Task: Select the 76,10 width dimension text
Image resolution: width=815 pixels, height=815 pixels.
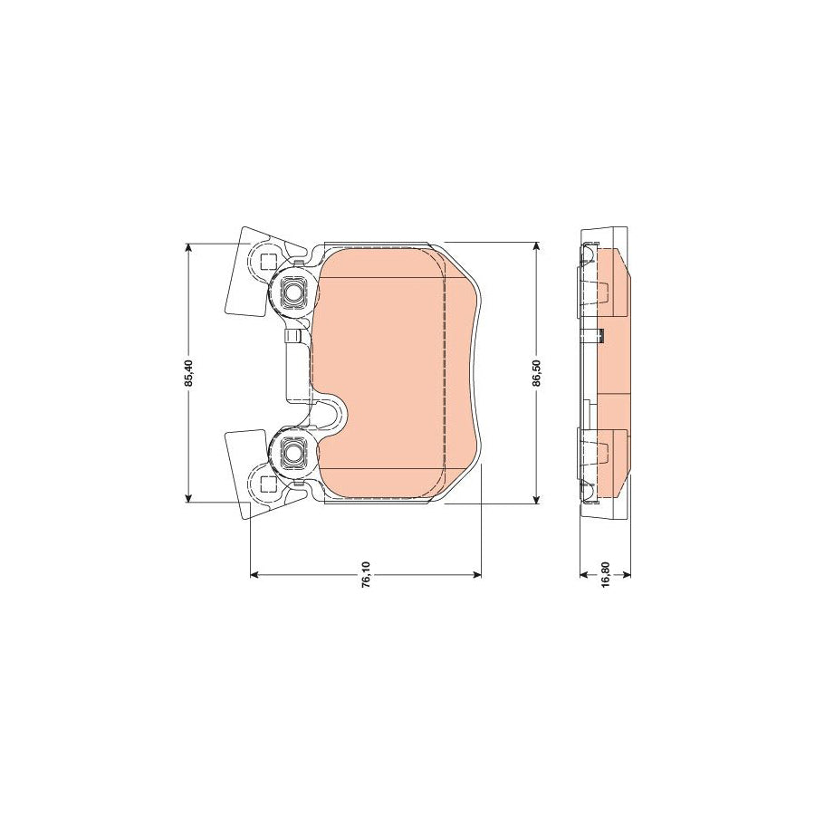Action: tap(365, 581)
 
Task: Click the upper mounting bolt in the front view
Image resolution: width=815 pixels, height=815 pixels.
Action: tap(293, 292)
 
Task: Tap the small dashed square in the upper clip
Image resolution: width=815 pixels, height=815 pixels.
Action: tap(267, 263)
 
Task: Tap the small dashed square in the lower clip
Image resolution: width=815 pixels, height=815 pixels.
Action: tap(267, 481)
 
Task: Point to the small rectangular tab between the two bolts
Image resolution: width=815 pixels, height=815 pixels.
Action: tap(292, 337)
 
